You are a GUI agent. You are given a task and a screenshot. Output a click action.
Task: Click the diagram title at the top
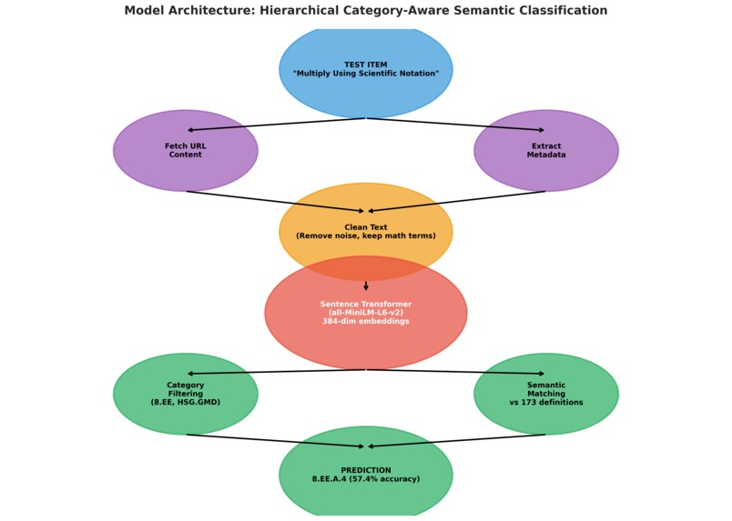point(365,10)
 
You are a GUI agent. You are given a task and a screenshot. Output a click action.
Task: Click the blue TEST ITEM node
point(366,71)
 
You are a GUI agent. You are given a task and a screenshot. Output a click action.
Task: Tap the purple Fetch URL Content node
point(186,150)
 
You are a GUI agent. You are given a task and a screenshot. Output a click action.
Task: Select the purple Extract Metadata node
point(546,150)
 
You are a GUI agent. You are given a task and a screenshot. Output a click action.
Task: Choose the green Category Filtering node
point(186,394)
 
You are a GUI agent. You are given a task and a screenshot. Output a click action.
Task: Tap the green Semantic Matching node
point(546,394)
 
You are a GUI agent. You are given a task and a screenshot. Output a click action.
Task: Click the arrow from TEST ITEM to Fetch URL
point(277,124)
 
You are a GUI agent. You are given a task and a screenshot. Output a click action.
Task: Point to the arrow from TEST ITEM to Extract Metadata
point(455,124)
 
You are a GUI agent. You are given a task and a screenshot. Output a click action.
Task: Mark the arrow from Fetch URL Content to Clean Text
point(276,201)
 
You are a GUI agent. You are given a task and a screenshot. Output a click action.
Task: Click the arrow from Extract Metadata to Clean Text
point(456,201)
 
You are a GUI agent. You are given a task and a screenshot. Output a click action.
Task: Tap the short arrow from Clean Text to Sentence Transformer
point(366,286)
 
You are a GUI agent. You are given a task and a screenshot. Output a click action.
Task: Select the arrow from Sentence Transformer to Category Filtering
point(277,372)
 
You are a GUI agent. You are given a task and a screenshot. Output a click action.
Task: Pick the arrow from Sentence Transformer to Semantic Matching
point(455,372)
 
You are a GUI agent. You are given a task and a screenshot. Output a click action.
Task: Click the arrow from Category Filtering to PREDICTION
point(276,441)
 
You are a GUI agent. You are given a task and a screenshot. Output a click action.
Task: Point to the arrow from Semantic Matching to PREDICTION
point(456,441)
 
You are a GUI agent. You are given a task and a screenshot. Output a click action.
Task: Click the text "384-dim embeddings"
point(366,321)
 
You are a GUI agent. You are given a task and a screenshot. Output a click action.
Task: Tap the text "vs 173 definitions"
point(546,403)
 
